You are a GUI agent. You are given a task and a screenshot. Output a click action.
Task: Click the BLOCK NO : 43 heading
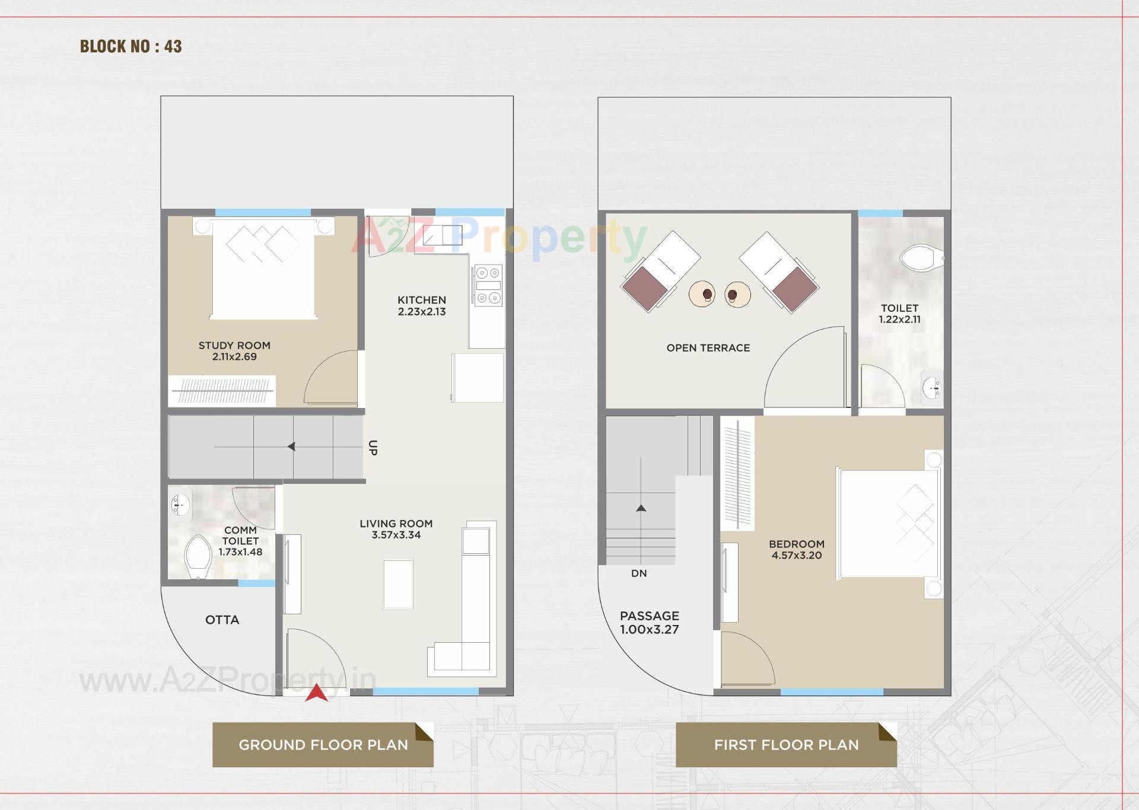[x=131, y=46]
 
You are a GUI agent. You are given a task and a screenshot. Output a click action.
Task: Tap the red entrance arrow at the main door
[x=317, y=693]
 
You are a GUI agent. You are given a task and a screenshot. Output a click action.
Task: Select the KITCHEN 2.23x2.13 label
[x=422, y=306]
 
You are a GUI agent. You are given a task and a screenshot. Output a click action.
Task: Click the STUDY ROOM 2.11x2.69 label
[x=234, y=351]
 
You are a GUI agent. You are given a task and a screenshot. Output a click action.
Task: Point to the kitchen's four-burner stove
[x=488, y=285]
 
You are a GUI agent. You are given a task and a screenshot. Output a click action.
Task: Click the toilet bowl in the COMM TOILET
[x=198, y=556]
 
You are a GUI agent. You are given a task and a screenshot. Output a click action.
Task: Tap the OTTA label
[x=222, y=620]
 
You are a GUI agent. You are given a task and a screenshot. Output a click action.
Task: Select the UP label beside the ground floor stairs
[x=373, y=448]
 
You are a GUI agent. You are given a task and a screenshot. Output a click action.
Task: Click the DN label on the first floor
[x=639, y=573]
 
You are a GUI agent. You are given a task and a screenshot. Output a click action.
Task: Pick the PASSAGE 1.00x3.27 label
[x=650, y=623]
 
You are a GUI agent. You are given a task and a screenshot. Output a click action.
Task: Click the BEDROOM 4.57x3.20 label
[x=797, y=550]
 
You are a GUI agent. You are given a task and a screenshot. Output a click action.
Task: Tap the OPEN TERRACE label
[x=708, y=348]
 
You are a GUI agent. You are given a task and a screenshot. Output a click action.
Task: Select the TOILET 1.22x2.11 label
[x=899, y=314]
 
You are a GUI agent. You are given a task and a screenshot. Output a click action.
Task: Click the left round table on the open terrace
[x=702, y=294]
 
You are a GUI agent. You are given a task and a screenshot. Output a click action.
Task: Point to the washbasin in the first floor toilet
[x=932, y=388]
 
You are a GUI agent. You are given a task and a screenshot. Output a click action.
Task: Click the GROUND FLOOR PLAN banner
[x=323, y=745]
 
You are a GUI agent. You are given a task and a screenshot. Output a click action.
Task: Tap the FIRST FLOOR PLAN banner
[x=786, y=745]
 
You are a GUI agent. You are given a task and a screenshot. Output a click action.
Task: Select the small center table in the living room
[x=398, y=584]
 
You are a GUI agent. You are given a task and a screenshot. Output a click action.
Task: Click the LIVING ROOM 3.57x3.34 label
[x=396, y=529]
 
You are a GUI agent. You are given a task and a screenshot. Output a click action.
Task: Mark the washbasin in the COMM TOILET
[x=180, y=505]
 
